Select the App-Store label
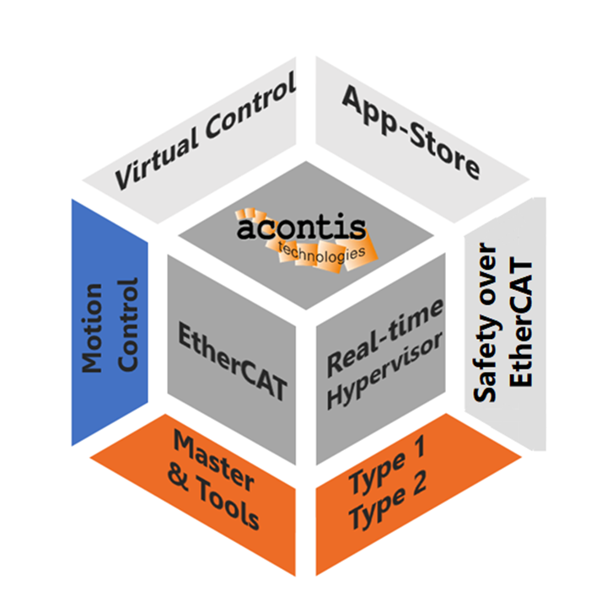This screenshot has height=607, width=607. [x=411, y=131]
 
